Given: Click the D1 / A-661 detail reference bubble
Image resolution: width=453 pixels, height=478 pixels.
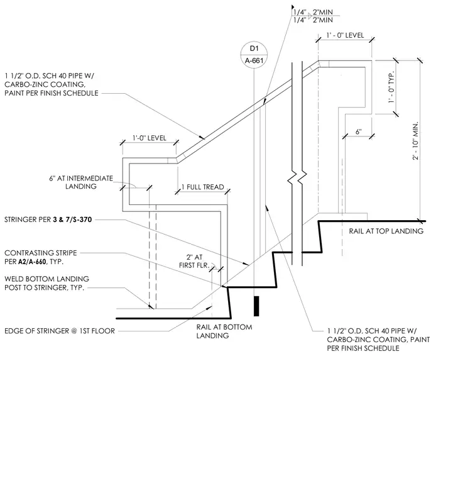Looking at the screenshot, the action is tap(254, 55).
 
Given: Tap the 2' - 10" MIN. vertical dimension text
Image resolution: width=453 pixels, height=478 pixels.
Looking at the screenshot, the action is tap(415, 141).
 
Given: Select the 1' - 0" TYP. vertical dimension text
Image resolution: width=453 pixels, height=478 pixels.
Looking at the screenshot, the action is tap(391, 87).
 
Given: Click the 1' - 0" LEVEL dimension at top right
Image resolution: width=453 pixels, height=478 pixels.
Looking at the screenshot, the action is tap(345, 35).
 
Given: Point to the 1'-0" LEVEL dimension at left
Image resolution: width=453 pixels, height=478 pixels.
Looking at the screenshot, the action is tap(149, 138).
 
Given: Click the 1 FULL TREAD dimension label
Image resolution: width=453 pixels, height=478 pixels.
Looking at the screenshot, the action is tap(203, 187).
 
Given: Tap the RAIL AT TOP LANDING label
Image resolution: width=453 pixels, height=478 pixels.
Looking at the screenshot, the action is tap(386, 231).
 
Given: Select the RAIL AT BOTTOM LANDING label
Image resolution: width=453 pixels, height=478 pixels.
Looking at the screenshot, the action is tap(224, 331).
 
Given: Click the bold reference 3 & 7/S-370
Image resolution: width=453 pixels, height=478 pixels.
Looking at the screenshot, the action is tap(72, 220).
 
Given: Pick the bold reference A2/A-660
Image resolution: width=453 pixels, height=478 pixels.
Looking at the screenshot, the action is tap(32, 262).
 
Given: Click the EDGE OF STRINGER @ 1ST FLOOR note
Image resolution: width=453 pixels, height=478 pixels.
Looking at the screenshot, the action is tap(60, 331).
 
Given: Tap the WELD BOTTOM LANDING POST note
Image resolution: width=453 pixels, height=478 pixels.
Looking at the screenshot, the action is tap(46, 283).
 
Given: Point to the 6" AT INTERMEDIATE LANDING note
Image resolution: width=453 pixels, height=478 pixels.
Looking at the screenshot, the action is tap(81, 182).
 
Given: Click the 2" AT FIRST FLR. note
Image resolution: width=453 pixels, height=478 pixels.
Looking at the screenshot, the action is tap(194, 261).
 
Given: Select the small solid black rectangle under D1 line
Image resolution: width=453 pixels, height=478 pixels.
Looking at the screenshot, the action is tap(256, 306).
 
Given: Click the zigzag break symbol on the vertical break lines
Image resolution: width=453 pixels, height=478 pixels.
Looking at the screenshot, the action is tap(297, 178).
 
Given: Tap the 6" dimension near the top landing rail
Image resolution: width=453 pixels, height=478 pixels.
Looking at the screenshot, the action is tap(358, 132).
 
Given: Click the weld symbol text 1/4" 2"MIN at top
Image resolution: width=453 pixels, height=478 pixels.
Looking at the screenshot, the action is tap(313, 16).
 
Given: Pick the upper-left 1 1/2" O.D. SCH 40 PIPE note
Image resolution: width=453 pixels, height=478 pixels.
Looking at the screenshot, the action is tap(51, 84).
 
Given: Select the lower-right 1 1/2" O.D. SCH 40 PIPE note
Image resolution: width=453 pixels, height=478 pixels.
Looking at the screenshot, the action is tap(378, 340).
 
